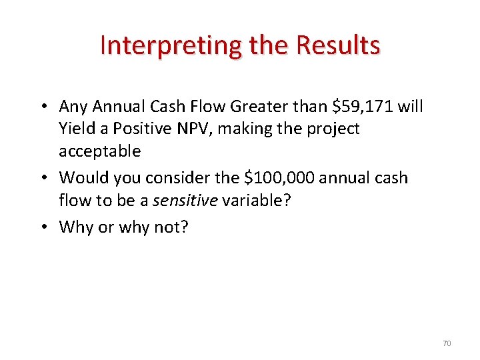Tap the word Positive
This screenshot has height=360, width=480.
coord(150,129)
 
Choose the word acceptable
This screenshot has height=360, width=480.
coord(100,151)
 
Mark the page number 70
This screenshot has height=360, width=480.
coord(447,343)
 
